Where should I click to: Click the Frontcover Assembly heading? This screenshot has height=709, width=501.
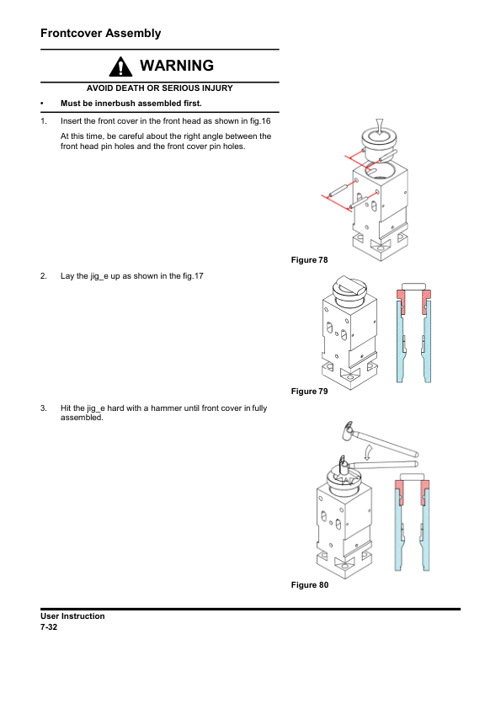coord(101,34)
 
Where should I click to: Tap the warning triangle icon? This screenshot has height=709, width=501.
coord(120,67)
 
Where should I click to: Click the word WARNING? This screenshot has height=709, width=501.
coord(177,66)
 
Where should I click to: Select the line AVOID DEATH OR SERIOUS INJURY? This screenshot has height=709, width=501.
coord(160,88)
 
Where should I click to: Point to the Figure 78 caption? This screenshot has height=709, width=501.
coord(309,260)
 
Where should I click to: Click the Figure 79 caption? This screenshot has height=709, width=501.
coord(309,391)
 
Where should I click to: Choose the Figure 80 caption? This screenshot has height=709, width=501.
coord(310,584)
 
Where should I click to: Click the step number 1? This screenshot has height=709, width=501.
coord(44,121)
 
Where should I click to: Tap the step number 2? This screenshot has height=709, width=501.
coord(44,276)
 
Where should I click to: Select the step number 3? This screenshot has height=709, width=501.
coord(44,408)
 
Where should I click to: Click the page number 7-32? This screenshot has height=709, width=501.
coord(49,627)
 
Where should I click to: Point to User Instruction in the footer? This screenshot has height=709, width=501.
coord(72,616)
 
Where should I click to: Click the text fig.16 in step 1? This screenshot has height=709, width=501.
coord(260,121)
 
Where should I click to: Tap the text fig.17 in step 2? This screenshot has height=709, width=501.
coord(193,276)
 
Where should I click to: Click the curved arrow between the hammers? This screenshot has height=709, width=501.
coord(369,451)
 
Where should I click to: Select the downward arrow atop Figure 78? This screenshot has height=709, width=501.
coord(380,125)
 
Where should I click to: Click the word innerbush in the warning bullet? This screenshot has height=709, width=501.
coord(115,104)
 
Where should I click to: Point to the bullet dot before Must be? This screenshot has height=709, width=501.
coord(42,104)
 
